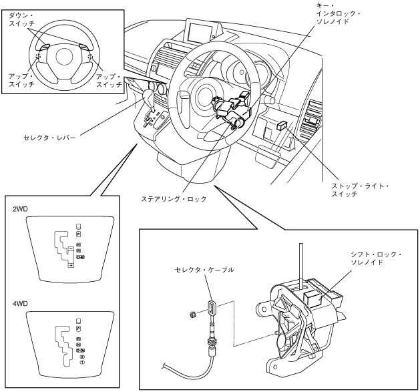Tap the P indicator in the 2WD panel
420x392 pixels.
coord(78,234)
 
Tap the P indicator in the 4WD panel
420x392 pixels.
coord(78,329)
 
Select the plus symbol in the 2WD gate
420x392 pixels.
coord(71,266)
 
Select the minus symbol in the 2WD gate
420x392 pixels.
coord(70,248)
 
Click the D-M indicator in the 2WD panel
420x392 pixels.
coord(80,256)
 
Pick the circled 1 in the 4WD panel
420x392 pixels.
coord(81,362)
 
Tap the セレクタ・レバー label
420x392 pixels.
coord(53,138)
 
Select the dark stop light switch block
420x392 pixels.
coord(282,125)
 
